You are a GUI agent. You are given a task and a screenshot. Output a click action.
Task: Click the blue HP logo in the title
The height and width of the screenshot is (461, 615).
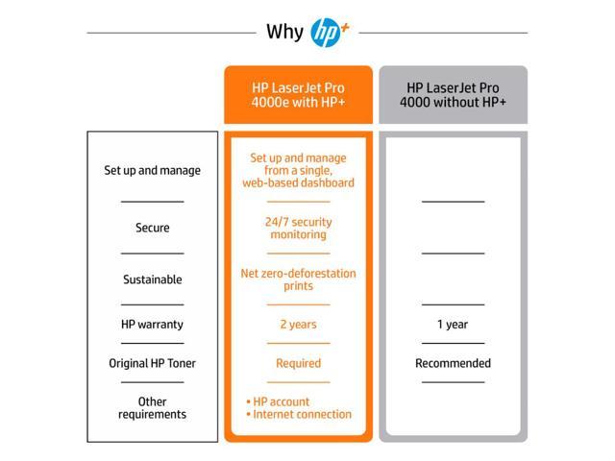coord(325,33)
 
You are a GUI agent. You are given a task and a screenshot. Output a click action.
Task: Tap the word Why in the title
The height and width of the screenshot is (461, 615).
coord(284,32)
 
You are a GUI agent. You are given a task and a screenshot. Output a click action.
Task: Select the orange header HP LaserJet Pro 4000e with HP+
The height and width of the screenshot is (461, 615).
coord(298,95)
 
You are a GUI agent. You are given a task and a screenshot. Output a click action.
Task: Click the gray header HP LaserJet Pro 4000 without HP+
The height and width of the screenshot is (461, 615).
coord(453,95)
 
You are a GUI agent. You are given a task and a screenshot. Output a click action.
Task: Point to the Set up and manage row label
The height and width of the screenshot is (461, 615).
coord(152,171)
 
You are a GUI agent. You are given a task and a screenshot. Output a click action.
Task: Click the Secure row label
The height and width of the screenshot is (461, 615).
coord(152,228)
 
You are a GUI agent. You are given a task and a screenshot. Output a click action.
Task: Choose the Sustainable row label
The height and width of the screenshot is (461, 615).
coord(152,279)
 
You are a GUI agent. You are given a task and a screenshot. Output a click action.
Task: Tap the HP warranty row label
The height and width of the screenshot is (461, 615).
coord(152,325)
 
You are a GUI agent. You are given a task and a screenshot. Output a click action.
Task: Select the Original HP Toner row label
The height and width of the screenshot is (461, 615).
coord(152,363)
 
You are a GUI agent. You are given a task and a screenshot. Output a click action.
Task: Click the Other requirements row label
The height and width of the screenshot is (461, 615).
coord(152,408)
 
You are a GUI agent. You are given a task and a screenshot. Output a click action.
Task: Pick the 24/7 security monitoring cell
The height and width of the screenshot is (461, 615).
coord(298,229)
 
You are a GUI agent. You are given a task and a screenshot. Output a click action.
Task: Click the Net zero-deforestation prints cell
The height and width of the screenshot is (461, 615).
coord(298,279)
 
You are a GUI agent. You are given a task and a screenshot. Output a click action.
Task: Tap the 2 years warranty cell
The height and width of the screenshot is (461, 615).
coord(298,325)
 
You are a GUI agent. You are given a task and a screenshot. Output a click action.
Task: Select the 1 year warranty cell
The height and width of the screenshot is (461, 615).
coord(453,325)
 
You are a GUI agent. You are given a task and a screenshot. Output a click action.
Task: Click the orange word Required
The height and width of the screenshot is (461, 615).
coord(298,363)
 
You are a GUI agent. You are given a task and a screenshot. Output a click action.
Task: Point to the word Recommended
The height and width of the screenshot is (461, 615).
coord(453,363)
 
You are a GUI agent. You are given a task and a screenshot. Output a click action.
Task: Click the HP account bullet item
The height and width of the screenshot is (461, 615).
coord(278,401)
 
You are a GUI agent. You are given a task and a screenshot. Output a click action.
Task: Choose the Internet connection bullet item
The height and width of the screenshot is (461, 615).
coord(299,414)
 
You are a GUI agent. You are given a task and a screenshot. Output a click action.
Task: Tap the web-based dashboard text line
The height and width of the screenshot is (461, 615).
coord(298,183)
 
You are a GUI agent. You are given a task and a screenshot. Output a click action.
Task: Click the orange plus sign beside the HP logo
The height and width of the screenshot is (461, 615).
coord(345,28)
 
